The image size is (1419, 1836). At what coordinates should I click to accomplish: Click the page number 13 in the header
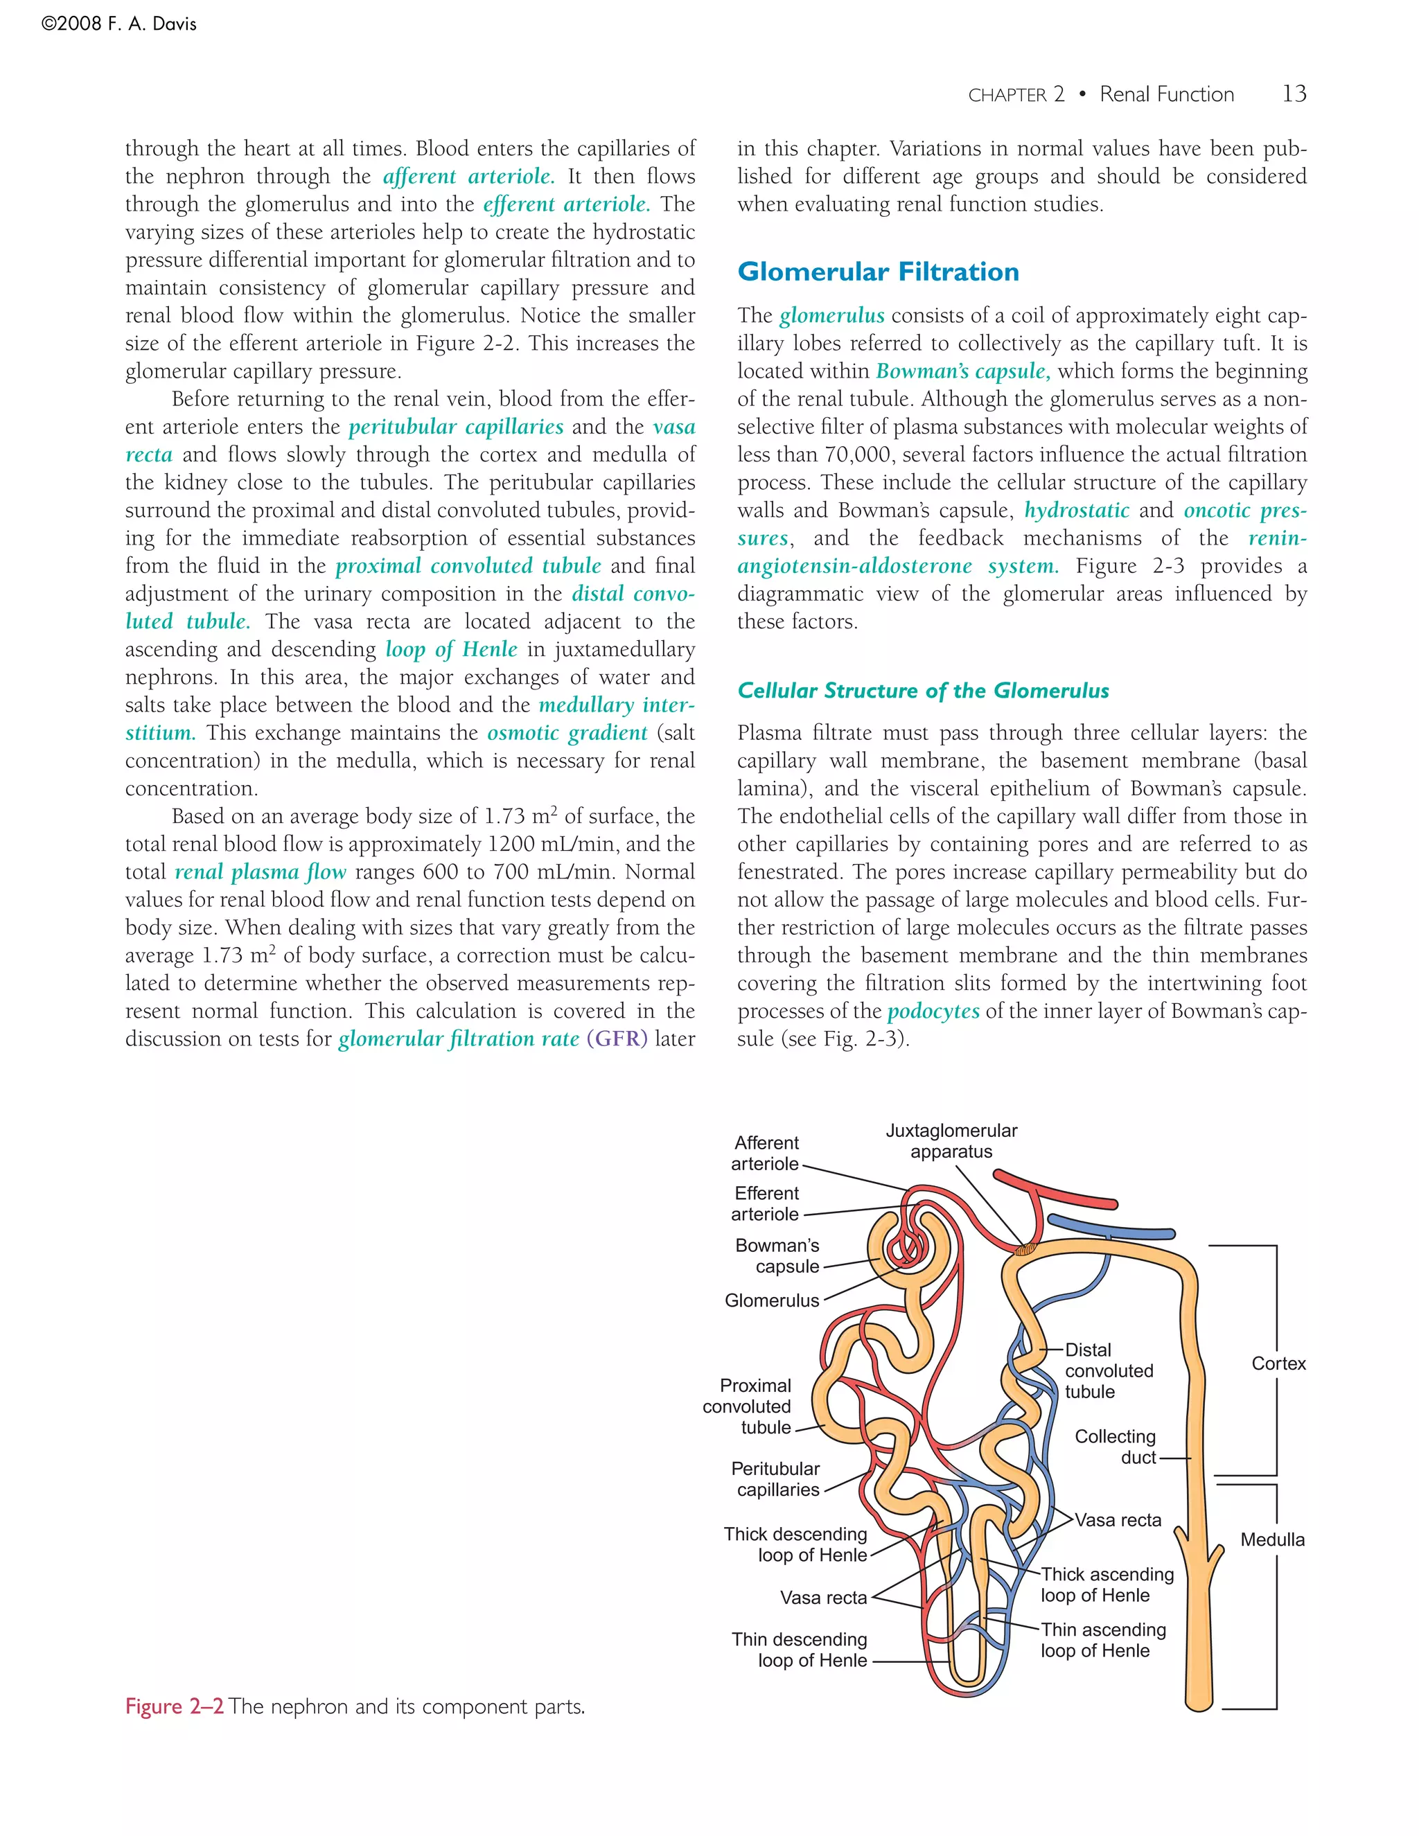[x=1294, y=94]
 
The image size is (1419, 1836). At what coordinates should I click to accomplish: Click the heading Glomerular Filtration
[x=878, y=272]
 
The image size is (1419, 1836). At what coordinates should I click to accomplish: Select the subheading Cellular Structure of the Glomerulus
[x=922, y=690]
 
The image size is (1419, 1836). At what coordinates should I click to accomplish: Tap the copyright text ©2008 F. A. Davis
[x=118, y=24]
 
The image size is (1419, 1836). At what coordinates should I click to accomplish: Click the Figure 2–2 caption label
[x=174, y=1706]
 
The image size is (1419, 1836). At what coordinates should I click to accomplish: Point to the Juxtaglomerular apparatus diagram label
[x=951, y=1141]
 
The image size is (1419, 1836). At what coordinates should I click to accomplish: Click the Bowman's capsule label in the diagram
[x=777, y=1256]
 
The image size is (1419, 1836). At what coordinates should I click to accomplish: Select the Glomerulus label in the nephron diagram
[x=771, y=1300]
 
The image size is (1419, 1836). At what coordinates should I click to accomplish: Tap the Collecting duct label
[x=1115, y=1447]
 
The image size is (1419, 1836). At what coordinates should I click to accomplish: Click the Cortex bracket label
[x=1278, y=1363]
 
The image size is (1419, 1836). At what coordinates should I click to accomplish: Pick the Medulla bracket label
[x=1272, y=1539]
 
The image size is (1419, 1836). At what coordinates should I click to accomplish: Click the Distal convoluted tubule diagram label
[x=1108, y=1370]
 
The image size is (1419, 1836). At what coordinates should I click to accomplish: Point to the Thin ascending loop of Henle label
[x=1102, y=1639]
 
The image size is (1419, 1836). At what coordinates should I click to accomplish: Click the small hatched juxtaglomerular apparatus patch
[x=1023, y=1250]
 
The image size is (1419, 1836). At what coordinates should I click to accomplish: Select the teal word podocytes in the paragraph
[x=933, y=1012]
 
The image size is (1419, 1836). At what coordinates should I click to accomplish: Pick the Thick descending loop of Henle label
[x=795, y=1544]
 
